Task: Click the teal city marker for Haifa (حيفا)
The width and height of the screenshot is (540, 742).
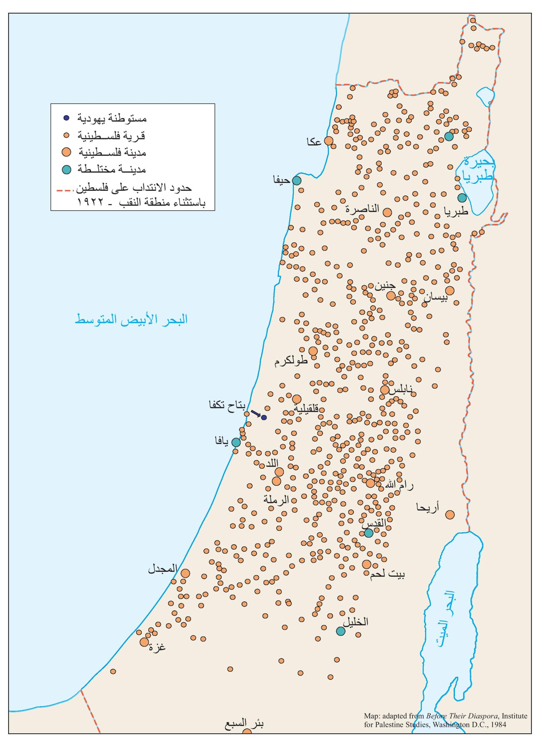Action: [x=296, y=180]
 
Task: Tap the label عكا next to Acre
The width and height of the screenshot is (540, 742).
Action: [x=314, y=142]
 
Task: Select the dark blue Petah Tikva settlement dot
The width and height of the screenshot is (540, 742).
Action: [x=264, y=417]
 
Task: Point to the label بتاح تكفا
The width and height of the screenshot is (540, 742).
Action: [x=227, y=405]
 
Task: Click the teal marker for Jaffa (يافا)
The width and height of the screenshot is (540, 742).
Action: [x=236, y=442]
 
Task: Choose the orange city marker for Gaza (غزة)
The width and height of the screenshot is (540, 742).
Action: [x=144, y=642]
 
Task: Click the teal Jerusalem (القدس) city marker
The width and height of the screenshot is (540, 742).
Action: [x=369, y=533]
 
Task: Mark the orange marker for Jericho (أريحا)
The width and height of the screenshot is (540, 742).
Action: [x=450, y=515]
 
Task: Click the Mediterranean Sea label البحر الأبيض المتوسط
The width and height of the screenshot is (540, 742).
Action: [x=131, y=319]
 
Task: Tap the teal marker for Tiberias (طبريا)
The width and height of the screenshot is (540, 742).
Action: [x=462, y=198]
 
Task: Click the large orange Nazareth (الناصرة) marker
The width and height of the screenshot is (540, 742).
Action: [x=387, y=212]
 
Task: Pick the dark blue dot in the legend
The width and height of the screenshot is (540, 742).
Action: [x=66, y=118]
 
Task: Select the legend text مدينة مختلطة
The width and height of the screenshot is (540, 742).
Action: [x=111, y=170]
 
